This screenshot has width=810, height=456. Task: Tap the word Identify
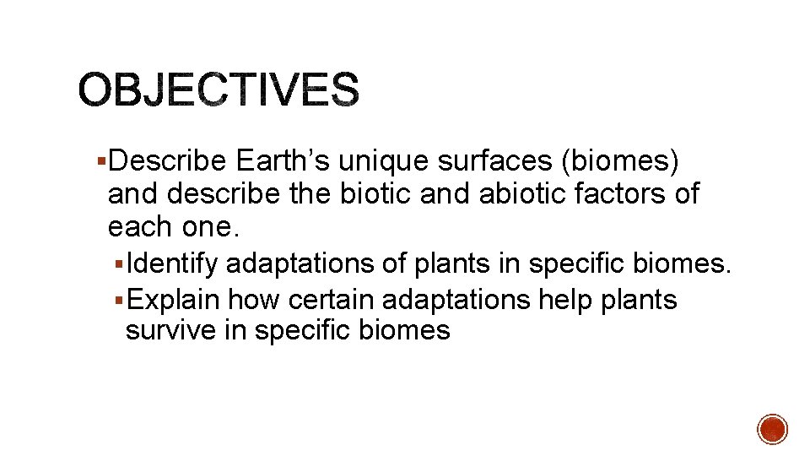pos(175,264)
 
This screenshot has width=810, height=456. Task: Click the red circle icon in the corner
pos(772,429)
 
